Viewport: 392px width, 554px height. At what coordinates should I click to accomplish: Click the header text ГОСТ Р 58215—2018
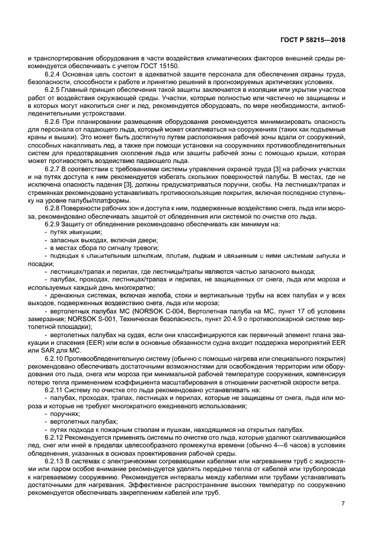[x=313, y=40]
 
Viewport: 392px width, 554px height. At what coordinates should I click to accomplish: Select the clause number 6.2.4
[x=54, y=75]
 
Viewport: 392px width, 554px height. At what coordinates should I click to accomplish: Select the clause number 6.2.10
[x=55, y=359]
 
